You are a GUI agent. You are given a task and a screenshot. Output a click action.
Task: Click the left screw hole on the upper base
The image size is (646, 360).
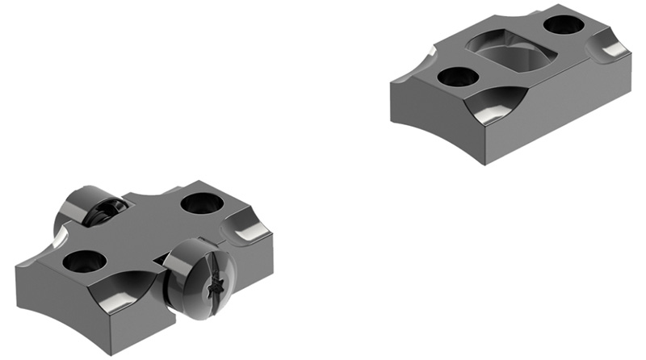[x=456, y=77]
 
